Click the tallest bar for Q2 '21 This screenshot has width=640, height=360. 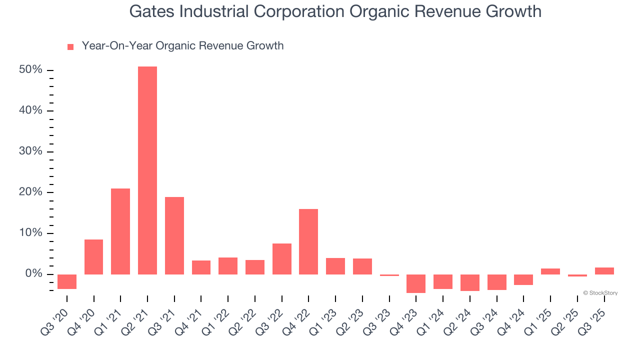(x=147, y=170)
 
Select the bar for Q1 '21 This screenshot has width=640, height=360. (x=120, y=231)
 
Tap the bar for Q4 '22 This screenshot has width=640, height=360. (x=308, y=241)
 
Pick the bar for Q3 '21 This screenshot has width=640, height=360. (x=174, y=235)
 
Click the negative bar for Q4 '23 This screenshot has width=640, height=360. (x=416, y=283)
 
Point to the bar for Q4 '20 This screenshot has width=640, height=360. (x=93, y=256)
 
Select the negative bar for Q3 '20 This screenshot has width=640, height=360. (x=67, y=281)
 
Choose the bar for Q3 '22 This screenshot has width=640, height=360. (x=282, y=258)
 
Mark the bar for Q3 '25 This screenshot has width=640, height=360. (x=604, y=270)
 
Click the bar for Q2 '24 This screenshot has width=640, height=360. (x=470, y=282)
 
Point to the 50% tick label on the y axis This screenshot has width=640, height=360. (x=30, y=69)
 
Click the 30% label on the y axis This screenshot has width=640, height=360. (x=30, y=151)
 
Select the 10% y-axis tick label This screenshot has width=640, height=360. (x=30, y=233)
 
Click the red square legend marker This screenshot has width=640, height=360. (x=70, y=46)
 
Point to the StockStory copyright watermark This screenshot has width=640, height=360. (x=600, y=293)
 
